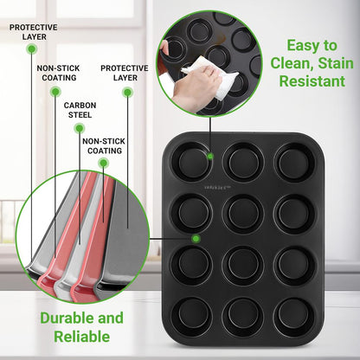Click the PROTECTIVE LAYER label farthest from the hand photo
tap(33, 32)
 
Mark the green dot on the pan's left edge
tap(196, 237)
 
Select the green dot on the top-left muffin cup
tap(210, 157)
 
